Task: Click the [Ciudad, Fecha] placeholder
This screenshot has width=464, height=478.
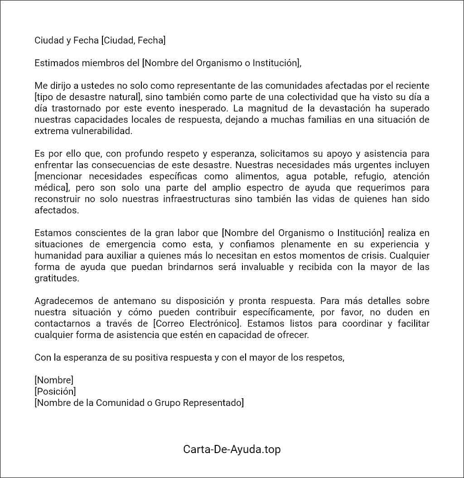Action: pyautogui.click(x=133, y=40)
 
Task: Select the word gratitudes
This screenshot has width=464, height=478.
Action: pyautogui.click(x=57, y=278)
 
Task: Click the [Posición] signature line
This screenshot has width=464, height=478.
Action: pyautogui.click(x=55, y=391)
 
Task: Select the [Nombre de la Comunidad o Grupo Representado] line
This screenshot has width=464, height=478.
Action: pyautogui.click(x=139, y=402)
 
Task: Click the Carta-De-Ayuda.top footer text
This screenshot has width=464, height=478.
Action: pyautogui.click(x=232, y=449)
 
